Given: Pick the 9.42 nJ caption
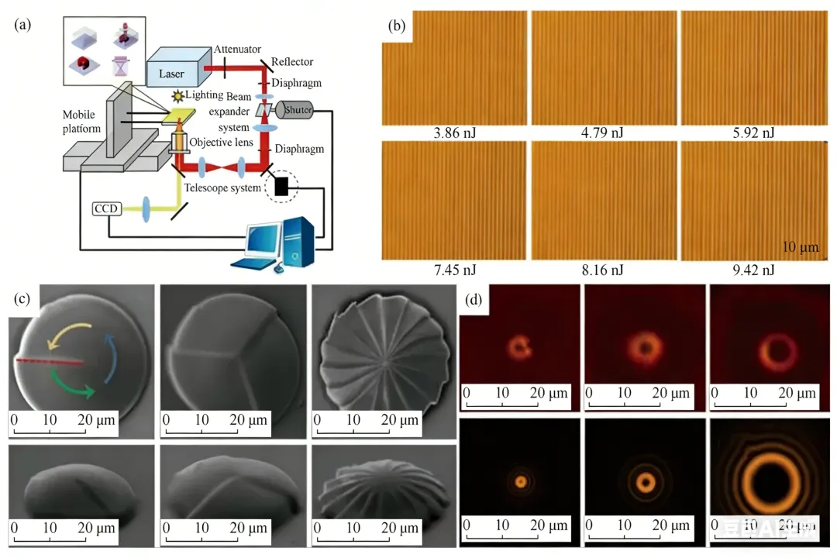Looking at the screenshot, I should [752, 269].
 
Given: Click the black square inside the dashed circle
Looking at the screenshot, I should [281, 186].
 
